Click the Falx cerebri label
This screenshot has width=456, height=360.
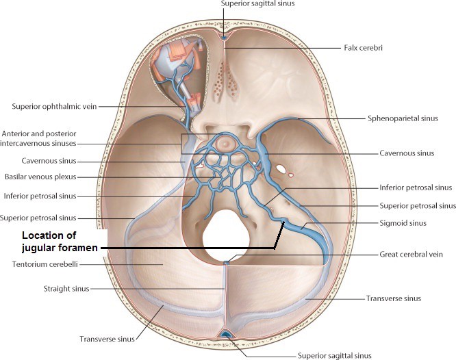pos(363,48)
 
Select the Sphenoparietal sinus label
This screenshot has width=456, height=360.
pos(403,118)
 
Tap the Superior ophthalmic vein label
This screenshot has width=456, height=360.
pos(54,107)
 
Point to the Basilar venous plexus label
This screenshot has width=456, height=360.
pos(40,177)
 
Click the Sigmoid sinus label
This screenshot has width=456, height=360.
pos(403,223)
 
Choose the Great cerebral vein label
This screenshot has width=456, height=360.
pos(411,255)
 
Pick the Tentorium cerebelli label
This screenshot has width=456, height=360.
pos(45,264)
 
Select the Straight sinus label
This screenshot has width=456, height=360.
pos(66,289)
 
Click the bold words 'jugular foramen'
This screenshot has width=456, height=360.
pos(60,248)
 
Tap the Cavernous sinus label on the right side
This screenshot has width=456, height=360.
pos(407,153)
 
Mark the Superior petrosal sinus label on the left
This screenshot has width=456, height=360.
pos(38,218)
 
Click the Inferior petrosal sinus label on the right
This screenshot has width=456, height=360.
pos(416,188)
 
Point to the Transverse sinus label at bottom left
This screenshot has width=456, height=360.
pos(107,339)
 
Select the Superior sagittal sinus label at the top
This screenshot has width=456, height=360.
pos(257,3)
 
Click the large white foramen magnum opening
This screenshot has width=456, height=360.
pos(226,235)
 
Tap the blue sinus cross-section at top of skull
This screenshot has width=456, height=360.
pos(224,38)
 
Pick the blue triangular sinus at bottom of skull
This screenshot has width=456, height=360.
pos(225,334)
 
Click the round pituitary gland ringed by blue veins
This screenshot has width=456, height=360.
pos(224,143)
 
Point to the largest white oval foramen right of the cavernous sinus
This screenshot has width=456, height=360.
pos(281,169)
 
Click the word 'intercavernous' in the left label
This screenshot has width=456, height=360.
pos(23,143)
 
